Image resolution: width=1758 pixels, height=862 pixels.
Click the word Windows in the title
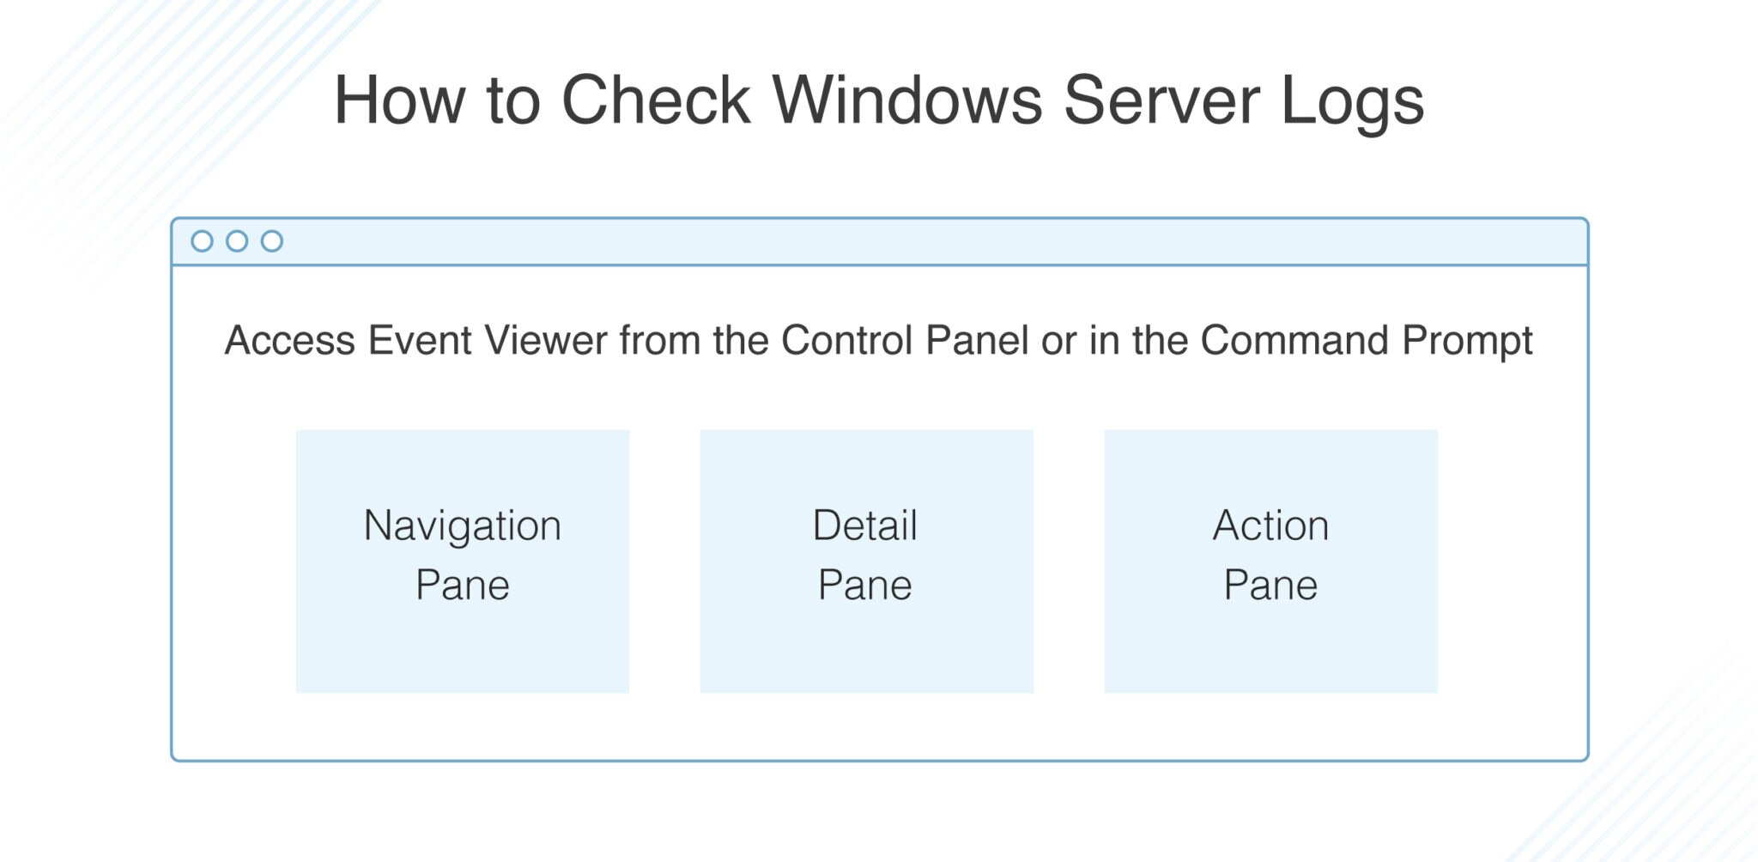click(907, 100)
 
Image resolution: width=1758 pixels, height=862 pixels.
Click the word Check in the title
click(656, 100)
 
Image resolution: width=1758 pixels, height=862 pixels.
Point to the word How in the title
click(399, 100)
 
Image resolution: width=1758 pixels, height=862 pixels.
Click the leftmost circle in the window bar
click(202, 241)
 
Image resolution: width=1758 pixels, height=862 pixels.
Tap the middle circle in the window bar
click(237, 241)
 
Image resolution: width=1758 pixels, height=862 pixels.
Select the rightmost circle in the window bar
click(272, 241)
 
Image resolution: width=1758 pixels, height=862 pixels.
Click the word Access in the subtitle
click(289, 340)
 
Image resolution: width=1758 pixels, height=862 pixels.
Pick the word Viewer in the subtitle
click(546, 340)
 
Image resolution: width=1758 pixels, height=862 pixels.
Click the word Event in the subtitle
click(420, 340)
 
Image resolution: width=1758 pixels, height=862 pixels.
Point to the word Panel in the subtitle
click(977, 340)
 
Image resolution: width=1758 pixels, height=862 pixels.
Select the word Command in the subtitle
click(1294, 340)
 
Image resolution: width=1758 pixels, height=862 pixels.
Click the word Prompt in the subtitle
click(1467, 342)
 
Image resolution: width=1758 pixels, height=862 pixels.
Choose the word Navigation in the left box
click(462, 526)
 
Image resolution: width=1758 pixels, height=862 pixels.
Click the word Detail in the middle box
click(865, 525)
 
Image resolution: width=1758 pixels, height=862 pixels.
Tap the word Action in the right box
click(1270, 525)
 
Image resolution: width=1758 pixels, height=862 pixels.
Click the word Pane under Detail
click(865, 586)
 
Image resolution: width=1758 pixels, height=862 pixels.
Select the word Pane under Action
click(1270, 586)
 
